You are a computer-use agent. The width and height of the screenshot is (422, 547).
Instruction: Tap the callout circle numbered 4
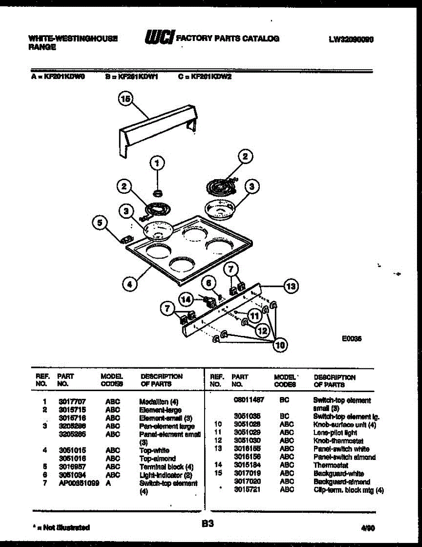pos(130,284)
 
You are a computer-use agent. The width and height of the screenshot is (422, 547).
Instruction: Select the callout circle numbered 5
pos(100,223)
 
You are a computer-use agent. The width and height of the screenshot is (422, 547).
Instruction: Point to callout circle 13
pos(290,286)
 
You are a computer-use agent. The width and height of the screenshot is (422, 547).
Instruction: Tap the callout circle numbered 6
pos(210,283)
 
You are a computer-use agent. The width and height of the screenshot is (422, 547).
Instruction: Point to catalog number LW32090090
pos(351,40)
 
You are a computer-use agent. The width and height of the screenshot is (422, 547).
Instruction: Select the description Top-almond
pos(157,458)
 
